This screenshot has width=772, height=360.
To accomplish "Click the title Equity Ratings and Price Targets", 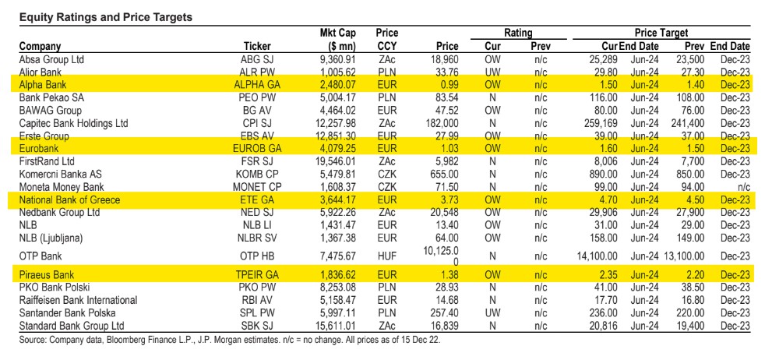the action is (x=105, y=18).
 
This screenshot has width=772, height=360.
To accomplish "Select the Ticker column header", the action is (x=257, y=46).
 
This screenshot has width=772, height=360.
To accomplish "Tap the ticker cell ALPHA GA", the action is (x=257, y=85).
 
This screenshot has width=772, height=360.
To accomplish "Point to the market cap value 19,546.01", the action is (x=335, y=161).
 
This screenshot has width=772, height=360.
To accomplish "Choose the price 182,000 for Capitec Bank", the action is (x=440, y=122).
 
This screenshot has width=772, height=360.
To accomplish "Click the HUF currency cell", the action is (x=386, y=256).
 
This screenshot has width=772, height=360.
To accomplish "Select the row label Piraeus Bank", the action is (x=47, y=275).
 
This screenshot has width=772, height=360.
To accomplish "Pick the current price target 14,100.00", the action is (x=597, y=256).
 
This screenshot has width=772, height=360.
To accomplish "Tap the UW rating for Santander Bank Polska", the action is (x=492, y=313).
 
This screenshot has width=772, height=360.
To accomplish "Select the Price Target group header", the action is (x=661, y=33).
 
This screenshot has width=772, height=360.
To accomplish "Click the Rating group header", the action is (x=518, y=33).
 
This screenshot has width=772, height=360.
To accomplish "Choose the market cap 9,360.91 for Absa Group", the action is (x=337, y=59).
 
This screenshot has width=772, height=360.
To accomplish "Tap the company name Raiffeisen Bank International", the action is (x=78, y=301).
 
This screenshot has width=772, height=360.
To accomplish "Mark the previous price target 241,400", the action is (x=687, y=122).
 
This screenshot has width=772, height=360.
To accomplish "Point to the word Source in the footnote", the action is (x=31, y=341).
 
